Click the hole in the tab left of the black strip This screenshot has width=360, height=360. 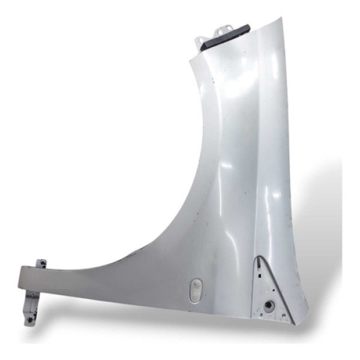click(x=200, y=40)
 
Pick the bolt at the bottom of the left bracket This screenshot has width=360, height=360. click(x=29, y=320)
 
